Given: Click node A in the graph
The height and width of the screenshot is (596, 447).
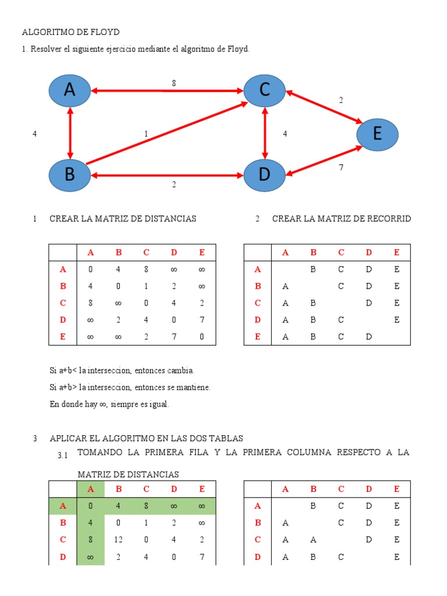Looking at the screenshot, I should click(70, 90).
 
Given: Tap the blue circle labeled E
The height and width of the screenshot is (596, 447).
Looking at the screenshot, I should click(377, 134).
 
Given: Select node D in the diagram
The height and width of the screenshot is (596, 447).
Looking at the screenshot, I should click(265, 175).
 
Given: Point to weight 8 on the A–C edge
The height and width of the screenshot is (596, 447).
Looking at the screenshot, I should click(173, 83).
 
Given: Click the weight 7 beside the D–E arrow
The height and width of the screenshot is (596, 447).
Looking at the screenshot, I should click(340, 168).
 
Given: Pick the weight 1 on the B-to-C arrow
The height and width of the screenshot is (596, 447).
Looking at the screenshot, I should click(146, 133).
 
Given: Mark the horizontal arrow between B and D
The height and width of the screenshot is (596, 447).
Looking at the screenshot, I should click(168, 175).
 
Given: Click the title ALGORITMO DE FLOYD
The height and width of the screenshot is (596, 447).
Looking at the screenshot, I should click(70, 32).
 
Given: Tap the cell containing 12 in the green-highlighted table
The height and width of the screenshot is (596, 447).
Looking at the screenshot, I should click(118, 540).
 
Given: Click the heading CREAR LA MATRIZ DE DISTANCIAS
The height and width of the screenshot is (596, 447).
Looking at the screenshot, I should click(123, 219).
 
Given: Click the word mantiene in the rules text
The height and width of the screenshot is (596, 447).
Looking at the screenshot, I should click(194, 387).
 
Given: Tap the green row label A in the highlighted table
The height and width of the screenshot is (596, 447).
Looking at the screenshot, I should click(63, 506).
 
